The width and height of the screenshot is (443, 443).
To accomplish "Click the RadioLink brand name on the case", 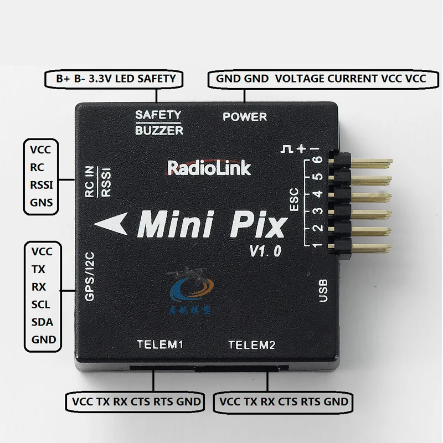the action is coord(209,167).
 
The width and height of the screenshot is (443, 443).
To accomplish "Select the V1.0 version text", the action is coord(265,250).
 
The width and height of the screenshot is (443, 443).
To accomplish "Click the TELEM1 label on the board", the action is coord(160,345).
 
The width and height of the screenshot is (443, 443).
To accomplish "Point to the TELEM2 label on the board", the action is coord(252,345).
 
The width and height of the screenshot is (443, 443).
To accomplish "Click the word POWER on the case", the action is coord(244,117).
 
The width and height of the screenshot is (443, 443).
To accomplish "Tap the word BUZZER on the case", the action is coord(159,131).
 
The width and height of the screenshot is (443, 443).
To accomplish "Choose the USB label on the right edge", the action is coord(324,290).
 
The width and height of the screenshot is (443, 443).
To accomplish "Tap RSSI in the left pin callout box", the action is coord(42,185).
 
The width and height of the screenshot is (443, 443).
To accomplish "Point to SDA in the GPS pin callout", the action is coord(42,322).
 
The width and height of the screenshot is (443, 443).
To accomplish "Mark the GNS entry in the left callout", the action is coord(42,203).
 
